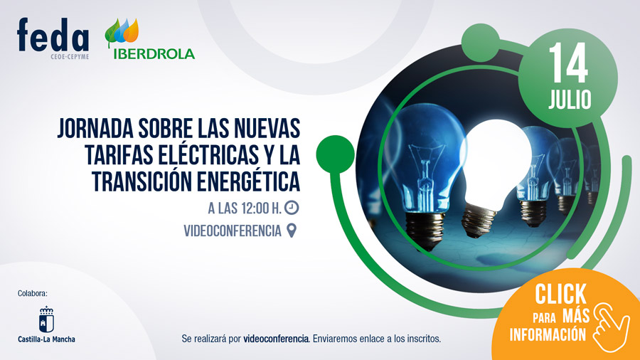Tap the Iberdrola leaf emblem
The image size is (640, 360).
click(x=122, y=33)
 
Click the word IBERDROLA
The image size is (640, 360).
click(x=151, y=54)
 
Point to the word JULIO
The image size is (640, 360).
click(x=569, y=100)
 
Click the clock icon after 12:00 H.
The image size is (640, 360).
click(x=292, y=208)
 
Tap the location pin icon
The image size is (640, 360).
click(x=291, y=231)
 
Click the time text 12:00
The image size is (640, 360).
click(x=259, y=208)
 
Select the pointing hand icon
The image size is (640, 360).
click(x=610, y=324)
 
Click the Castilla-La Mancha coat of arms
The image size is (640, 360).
click(x=46, y=318)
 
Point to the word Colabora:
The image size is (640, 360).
click(x=33, y=293)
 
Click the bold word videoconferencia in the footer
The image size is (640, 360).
click(x=276, y=339)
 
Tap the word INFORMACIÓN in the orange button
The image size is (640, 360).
click(x=548, y=334)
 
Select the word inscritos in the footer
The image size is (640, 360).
click(x=422, y=339)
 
